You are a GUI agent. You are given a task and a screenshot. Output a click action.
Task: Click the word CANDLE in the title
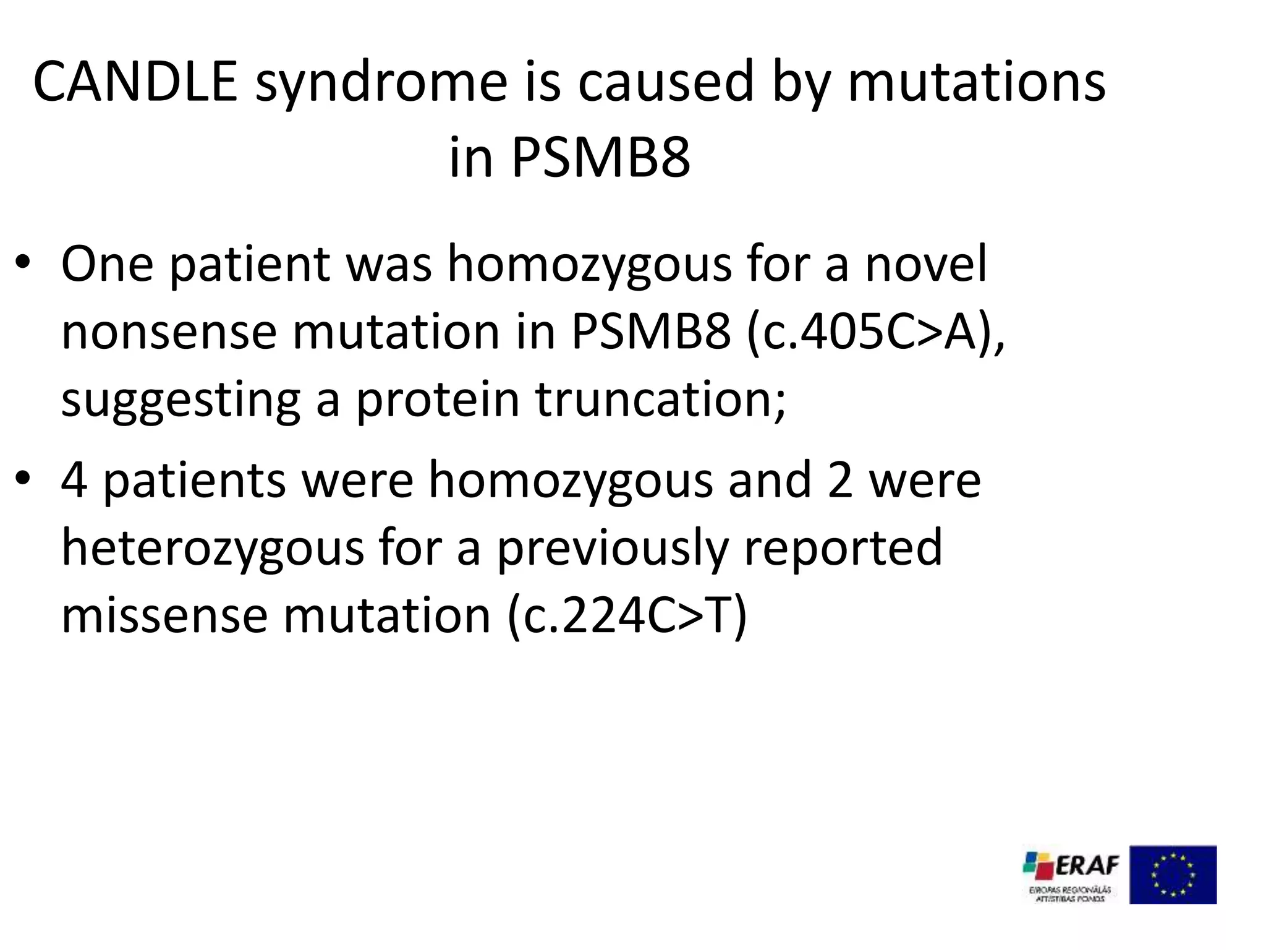click(x=135, y=82)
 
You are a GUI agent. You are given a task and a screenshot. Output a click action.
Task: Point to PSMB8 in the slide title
click(x=600, y=158)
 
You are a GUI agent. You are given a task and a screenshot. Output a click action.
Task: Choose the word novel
click(x=925, y=264)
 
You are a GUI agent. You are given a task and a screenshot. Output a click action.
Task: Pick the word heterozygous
click(x=213, y=549)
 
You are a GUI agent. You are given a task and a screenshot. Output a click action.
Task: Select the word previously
click(x=613, y=549)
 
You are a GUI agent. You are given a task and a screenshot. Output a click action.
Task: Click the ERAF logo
click(x=1071, y=874)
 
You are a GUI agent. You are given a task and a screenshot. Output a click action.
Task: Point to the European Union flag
click(x=1173, y=875)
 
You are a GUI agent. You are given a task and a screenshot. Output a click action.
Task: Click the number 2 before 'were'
click(x=840, y=481)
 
